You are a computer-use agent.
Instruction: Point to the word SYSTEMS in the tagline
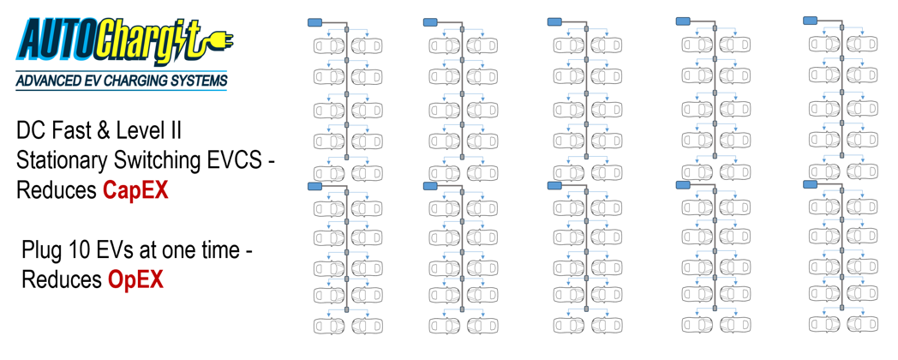[x=198, y=81]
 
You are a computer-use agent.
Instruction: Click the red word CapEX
[x=135, y=191]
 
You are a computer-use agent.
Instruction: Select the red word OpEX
[x=135, y=279]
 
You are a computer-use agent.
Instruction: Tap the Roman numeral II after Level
[x=176, y=132]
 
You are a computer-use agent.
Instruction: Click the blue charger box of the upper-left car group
[x=316, y=22]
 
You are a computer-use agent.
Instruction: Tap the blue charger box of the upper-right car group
[x=811, y=20]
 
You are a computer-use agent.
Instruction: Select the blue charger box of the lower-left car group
[x=316, y=185]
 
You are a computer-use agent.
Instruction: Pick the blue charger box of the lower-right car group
[x=811, y=183]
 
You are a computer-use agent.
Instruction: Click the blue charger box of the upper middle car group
[x=555, y=21]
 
